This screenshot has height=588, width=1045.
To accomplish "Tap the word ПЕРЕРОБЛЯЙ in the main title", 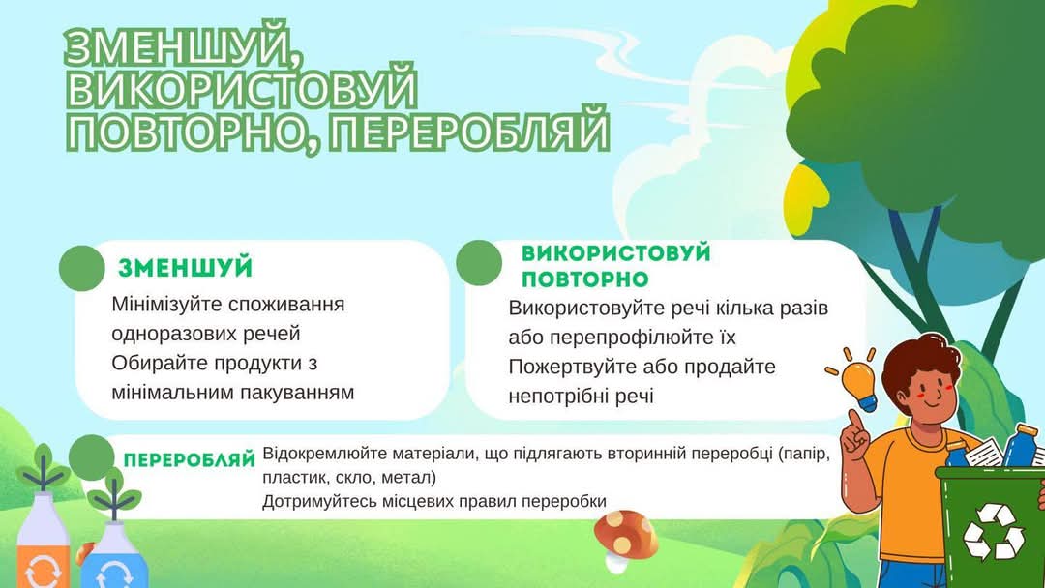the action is click(469, 132).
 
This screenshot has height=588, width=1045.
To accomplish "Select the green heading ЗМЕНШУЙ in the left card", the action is click(185, 268).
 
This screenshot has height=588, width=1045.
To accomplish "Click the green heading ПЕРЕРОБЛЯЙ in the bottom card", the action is click(190, 460).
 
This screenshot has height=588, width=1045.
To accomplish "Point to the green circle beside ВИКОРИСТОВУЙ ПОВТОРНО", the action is click(479, 263).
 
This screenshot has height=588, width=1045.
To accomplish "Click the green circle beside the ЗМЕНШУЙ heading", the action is click(82, 268).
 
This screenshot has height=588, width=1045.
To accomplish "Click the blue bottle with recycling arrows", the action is click(114, 554).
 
